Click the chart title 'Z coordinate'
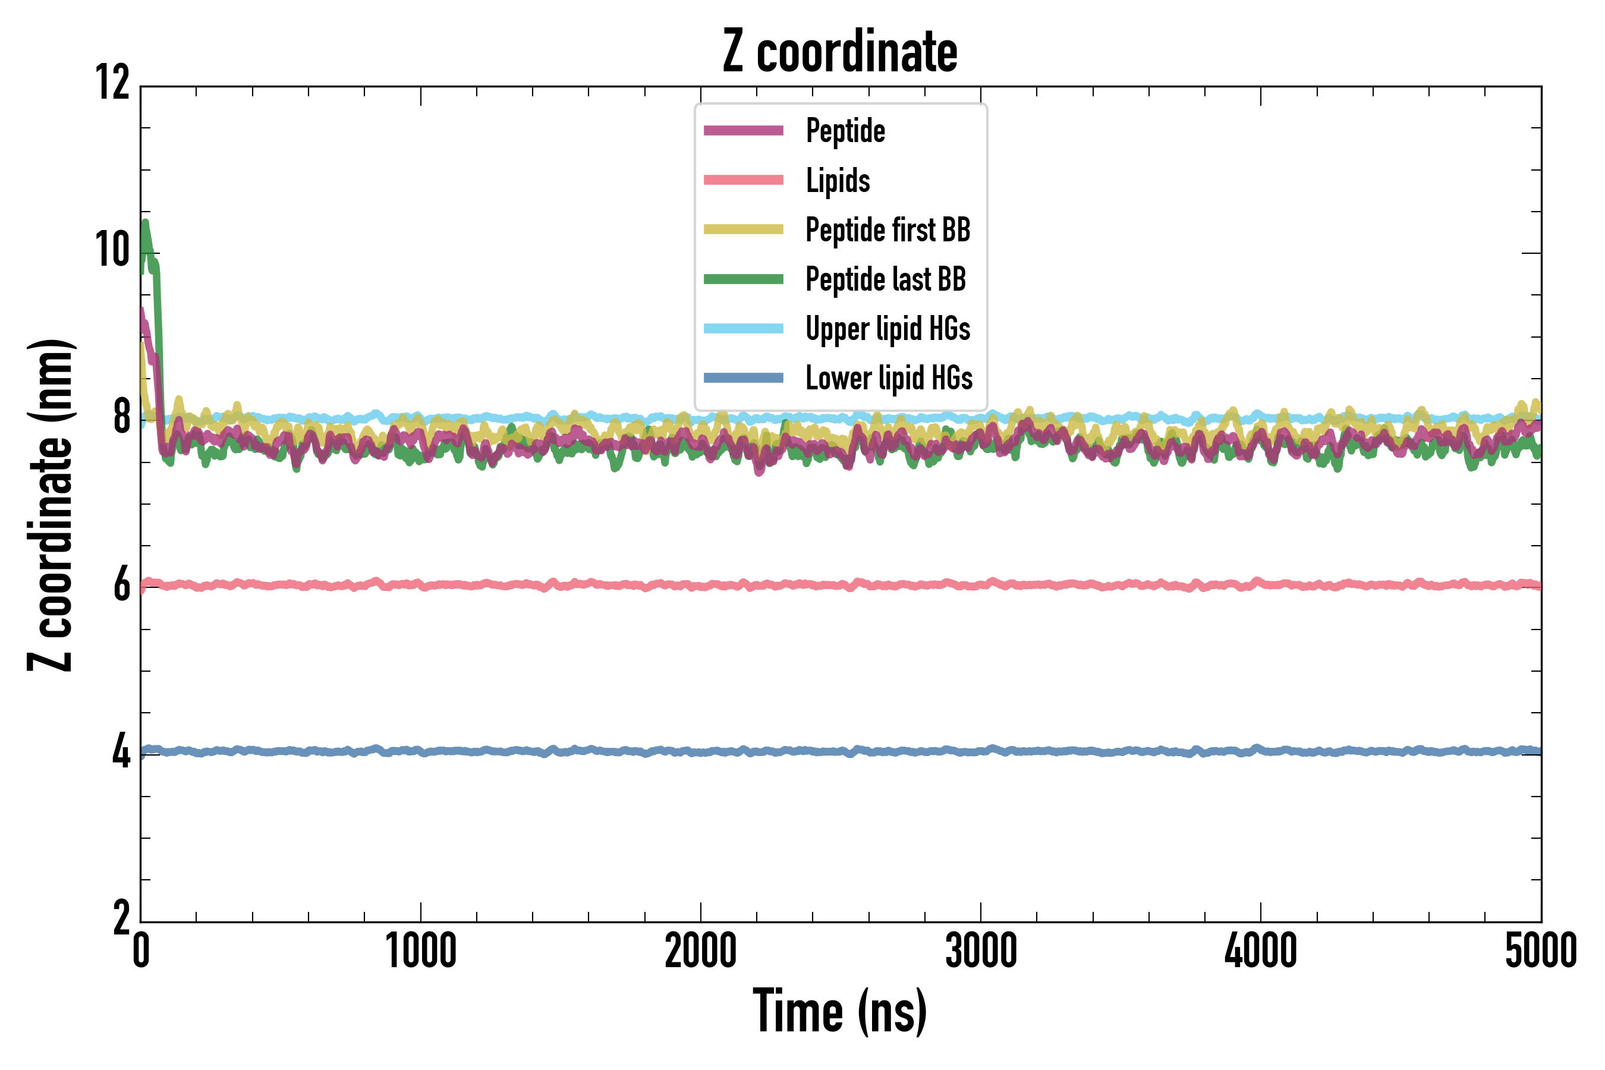(840, 52)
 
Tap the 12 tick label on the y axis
(112, 83)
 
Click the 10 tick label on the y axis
(112, 250)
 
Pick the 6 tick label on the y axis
(121, 586)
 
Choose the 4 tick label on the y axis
(121, 752)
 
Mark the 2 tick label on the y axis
(121, 918)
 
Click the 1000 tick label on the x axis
(420, 951)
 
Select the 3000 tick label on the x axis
(981, 951)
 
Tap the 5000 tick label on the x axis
(1540, 951)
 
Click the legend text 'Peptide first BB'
(888, 229)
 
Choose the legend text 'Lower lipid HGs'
(889, 378)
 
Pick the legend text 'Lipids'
(838, 180)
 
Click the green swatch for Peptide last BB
(743, 279)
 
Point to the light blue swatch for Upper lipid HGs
(743, 328)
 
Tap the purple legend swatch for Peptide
(743, 130)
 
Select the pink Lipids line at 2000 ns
(701, 585)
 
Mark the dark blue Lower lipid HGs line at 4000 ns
(1260, 750)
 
